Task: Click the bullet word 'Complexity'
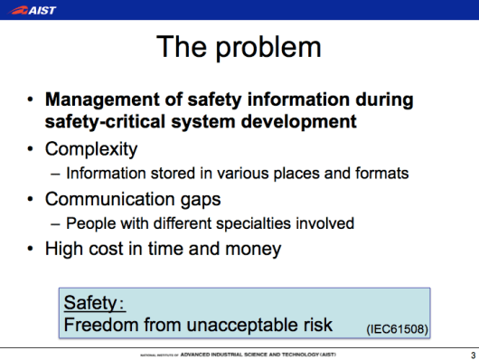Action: click(90, 147)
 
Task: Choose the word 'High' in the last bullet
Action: click(64, 249)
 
